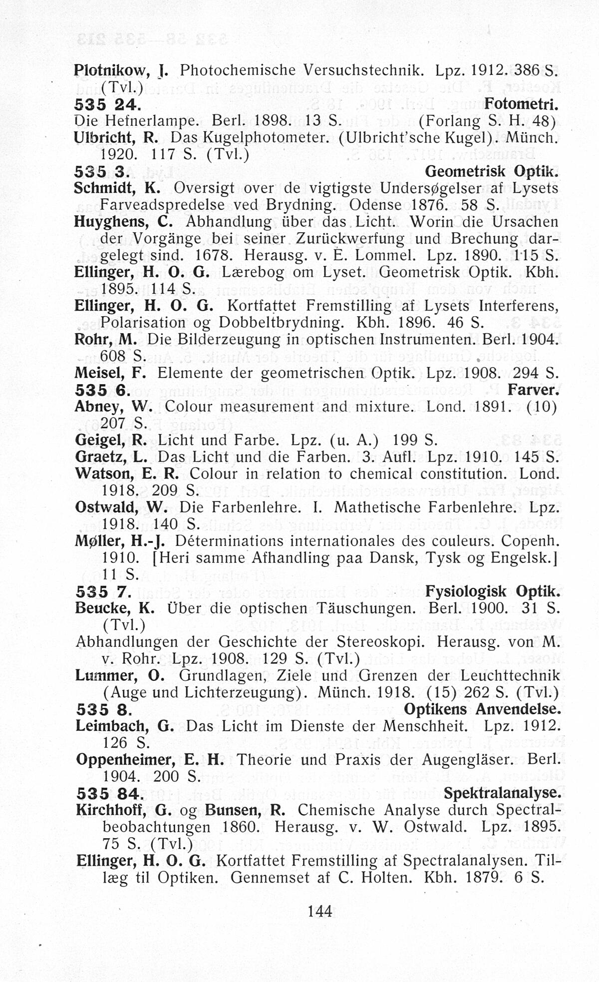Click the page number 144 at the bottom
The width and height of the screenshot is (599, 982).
(320, 911)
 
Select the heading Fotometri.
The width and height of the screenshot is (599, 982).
(521, 104)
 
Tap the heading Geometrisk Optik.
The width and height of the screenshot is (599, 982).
(491, 171)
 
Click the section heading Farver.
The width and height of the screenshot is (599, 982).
(533, 390)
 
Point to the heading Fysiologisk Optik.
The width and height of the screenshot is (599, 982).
(493, 591)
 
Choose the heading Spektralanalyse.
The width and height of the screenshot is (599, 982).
(502, 793)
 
